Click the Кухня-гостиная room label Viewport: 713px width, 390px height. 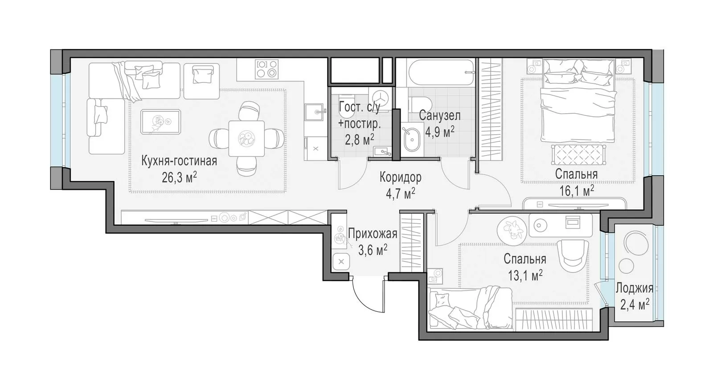[x=179, y=161]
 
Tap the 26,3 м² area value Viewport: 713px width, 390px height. [x=179, y=178]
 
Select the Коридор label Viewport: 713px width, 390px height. [x=401, y=178]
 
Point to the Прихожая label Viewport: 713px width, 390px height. [x=373, y=234]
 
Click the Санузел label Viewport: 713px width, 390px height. [x=439, y=115]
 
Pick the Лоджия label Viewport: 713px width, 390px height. [x=635, y=288]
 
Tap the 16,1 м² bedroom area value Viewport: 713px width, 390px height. [x=577, y=191]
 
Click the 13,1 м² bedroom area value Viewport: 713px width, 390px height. [x=525, y=275]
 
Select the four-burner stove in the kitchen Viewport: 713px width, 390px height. [x=267, y=69]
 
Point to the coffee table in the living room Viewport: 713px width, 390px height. [x=161, y=121]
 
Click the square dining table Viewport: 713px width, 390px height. [x=246, y=139]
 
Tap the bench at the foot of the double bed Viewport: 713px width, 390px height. [x=578, y=154]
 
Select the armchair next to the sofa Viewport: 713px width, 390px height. [x=201, y=81]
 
